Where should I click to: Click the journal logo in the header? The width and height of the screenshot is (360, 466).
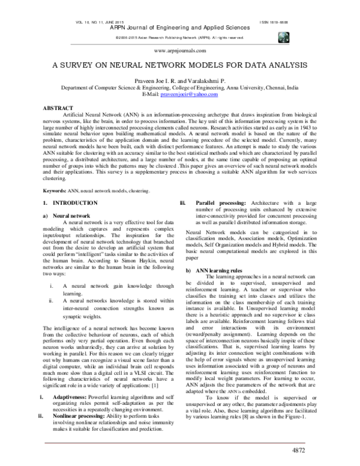coord(284,37)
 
